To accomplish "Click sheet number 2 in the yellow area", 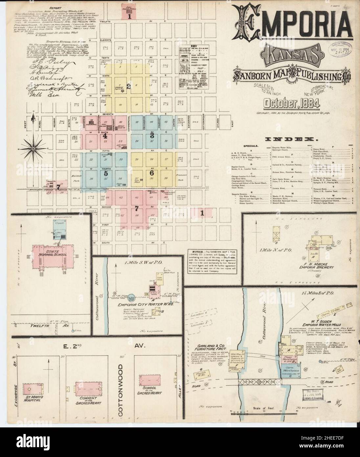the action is [x=129, y=87].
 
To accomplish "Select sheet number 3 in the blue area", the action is [x=152, y=135].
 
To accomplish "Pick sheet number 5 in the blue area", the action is [x=105, y=173].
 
